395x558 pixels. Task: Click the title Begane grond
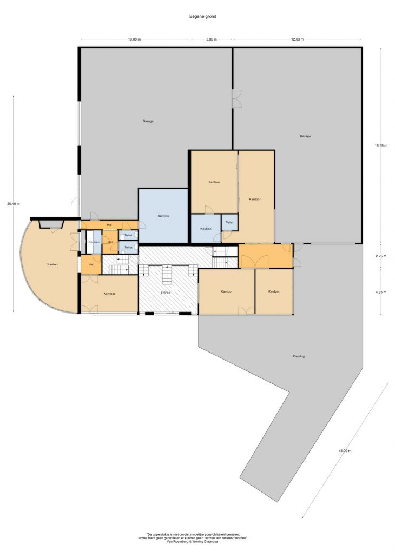pyautogui.click(x=203, y=16)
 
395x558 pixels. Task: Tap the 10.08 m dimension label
pyautogui.click(x=134, y=39)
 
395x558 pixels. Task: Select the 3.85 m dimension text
pyautogui.click(x=212, y=39)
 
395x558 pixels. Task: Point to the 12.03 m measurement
pyautogui.click(x=298, y=39)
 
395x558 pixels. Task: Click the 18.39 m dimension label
pyautogui.click(x=381, y=145)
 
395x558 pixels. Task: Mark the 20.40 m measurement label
pyautogui.click(x=13, y=204)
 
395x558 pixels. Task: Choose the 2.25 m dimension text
pyautogui.click(x=381, y=256)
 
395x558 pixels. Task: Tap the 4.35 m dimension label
pyautogui.click(x=381, y=292)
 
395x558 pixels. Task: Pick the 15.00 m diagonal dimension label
pyautogui.click(x=345, y=450)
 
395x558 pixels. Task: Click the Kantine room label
pyautogui.click(x=163, y=216)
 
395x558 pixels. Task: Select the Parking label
pyautogui.click(x=299, y=356)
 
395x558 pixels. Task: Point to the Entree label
pyautogui.click(x=165, y=293)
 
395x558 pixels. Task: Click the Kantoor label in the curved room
pyautogui.click(x=52, y=264)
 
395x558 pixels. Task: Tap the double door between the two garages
pyautogui.click(x=237, y=98)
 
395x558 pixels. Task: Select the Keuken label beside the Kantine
pyautogui.click(x=206, y=229)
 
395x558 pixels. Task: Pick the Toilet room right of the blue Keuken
pyautogui.click(x=229, y=222)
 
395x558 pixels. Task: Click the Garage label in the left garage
pyautogui.click(x=148, y=121)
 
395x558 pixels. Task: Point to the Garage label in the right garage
pyautogui.click(x=305, y=136)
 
